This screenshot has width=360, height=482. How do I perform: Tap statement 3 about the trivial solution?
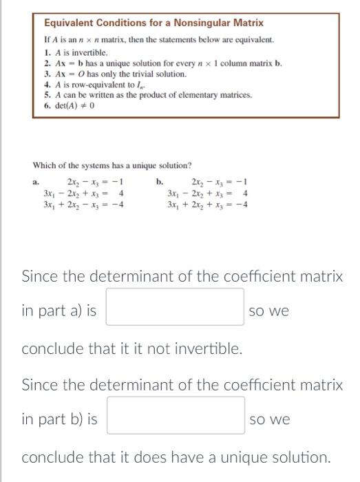coord(115,74)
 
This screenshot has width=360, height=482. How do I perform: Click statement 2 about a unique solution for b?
coord(162,63)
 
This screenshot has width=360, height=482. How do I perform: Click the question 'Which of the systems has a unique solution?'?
coord(112,166)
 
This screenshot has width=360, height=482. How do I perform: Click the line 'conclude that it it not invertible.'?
coord(132,348)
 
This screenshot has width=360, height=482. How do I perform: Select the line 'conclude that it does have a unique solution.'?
coord(176,457)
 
